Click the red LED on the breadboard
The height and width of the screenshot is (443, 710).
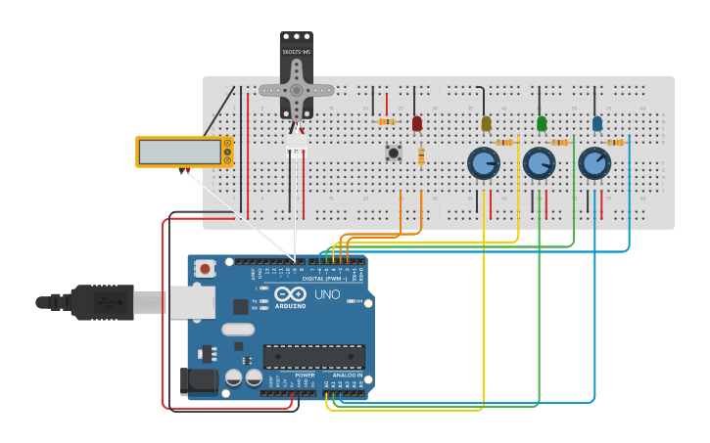pos(417,124)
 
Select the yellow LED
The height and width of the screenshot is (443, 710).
pos(486,123)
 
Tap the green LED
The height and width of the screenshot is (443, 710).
pos(542,123)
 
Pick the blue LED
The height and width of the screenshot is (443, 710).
pos(597,123)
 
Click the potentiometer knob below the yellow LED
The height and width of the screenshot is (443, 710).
pos(483,162)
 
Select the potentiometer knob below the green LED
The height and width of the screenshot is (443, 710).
pos(539,162)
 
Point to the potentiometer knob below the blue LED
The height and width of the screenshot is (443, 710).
pos(594,162)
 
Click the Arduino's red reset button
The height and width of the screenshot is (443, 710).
pos(205,268)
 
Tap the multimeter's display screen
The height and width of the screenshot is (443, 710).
pos(179,152)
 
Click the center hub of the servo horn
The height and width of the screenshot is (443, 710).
pos(297,90)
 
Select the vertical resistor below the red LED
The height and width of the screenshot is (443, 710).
pos(421,156)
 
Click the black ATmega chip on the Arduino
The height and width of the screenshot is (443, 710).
pos(313,356)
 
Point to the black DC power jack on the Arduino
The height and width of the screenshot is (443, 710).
pos(199,381)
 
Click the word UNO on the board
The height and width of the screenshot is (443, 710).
pos(327,294)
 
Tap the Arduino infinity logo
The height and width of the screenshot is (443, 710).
pos(291,294)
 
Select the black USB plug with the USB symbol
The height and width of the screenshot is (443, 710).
pos(103,302)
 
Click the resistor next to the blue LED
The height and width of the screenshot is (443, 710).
pos(615,143)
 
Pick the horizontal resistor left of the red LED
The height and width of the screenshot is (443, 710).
pos(386,121)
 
